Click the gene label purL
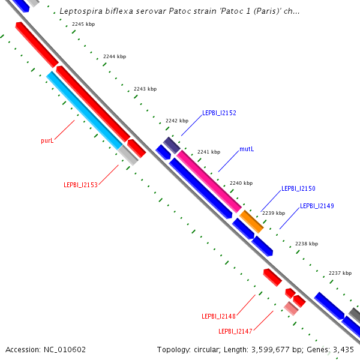tap(47, 140)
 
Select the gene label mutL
tap(247, 149)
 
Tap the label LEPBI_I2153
tap(80, 185)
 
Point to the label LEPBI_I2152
tap(219, 113)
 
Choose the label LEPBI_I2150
tap(298, 188)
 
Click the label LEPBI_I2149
tap(317, 206)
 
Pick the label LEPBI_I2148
tap(218, 316)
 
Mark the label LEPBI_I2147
tap(235, 331)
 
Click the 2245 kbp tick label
tap(83, 25)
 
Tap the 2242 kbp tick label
tap(177, 121)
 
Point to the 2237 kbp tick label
tap(340, 274)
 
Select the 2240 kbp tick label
tap(241, 183)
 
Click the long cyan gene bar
tap(85, 110)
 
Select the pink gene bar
tap(208, 181)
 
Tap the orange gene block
tap(251, 221)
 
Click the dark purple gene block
tap(172, 145)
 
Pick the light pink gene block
tap(290, 308)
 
